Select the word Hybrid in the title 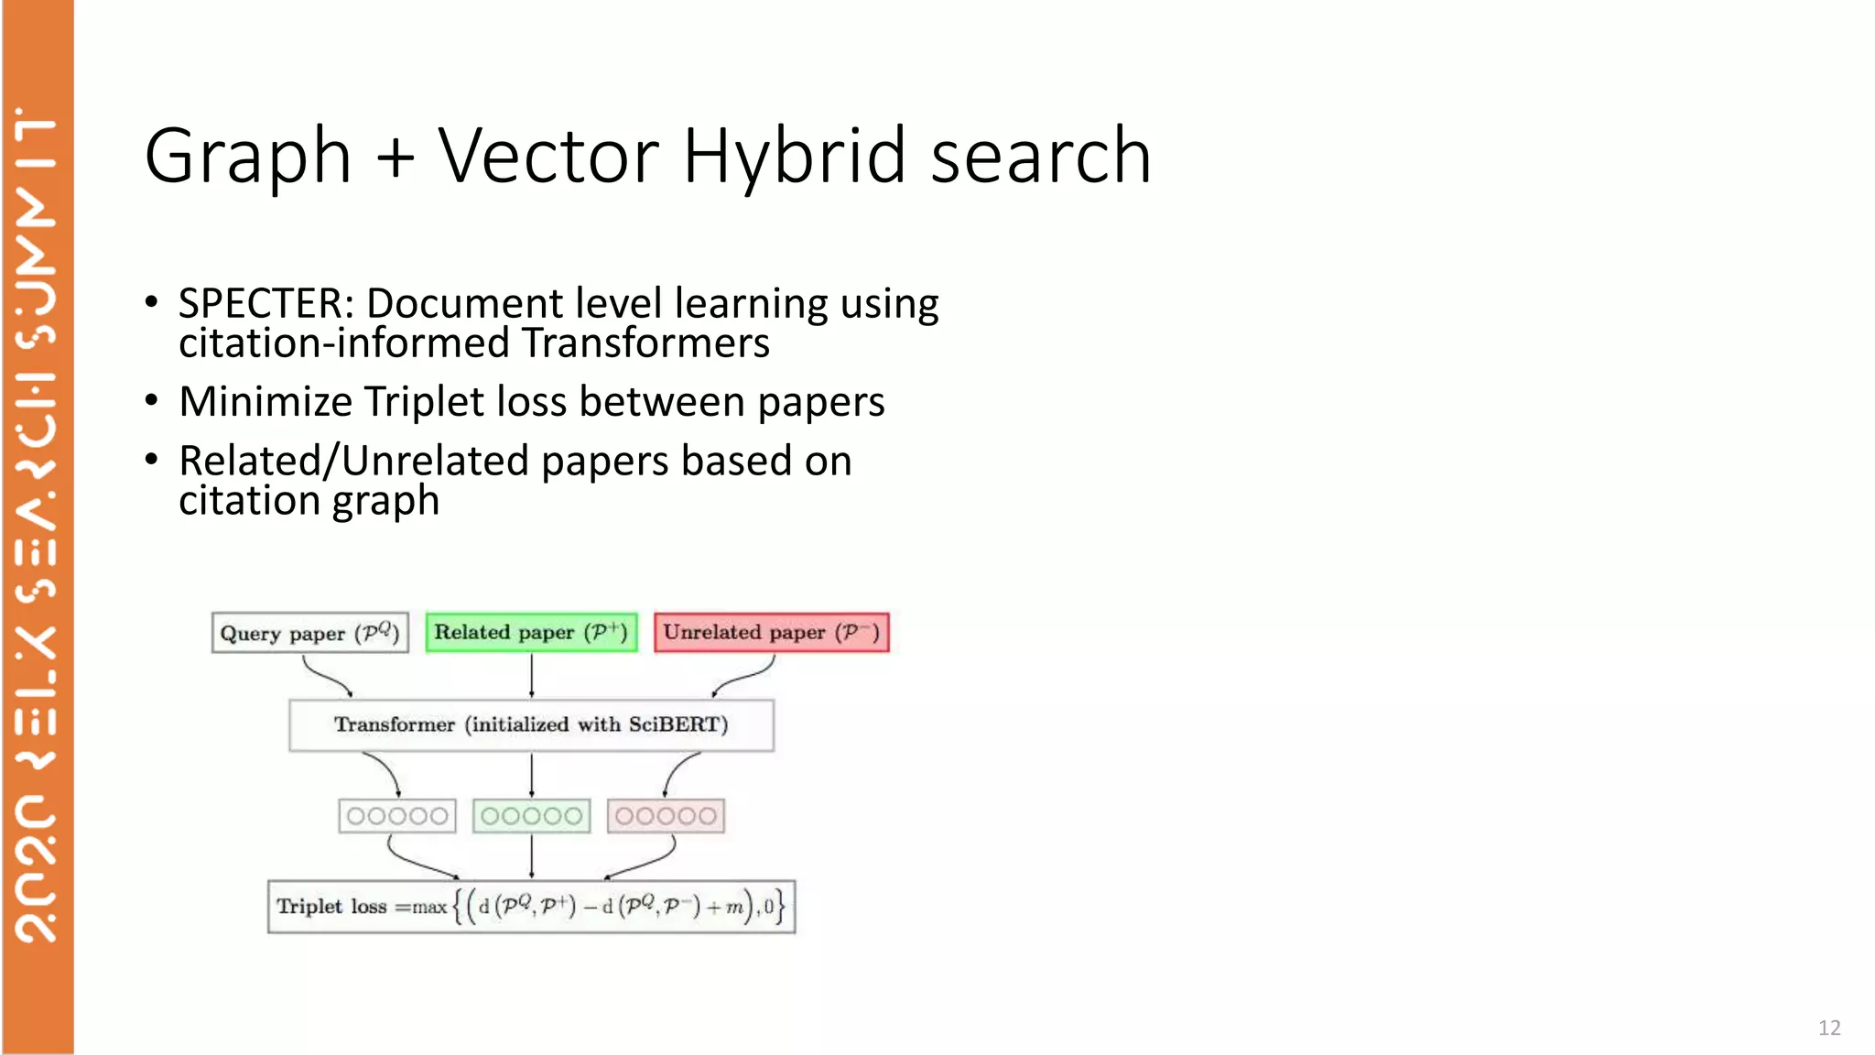(x=794, y=156)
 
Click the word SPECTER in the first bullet (x=260, y=304)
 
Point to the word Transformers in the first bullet (x=645, y=343)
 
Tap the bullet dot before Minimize (x=152, y=400)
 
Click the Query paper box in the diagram (x=309, y=633)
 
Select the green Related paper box (x=531, y=632)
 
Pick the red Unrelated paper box (x=771, y=632)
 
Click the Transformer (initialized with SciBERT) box (x=531, y=724)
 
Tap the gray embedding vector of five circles (x=396, y=816)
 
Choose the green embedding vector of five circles (x=531, y=816)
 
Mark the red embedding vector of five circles (x=666, y=816)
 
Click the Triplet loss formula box (x=531, y=907)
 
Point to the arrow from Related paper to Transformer (x=531, y=676)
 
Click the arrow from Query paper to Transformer (x=326, y=678)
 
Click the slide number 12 (x=1828, y=1028)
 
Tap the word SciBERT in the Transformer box (x=677, y=724)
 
